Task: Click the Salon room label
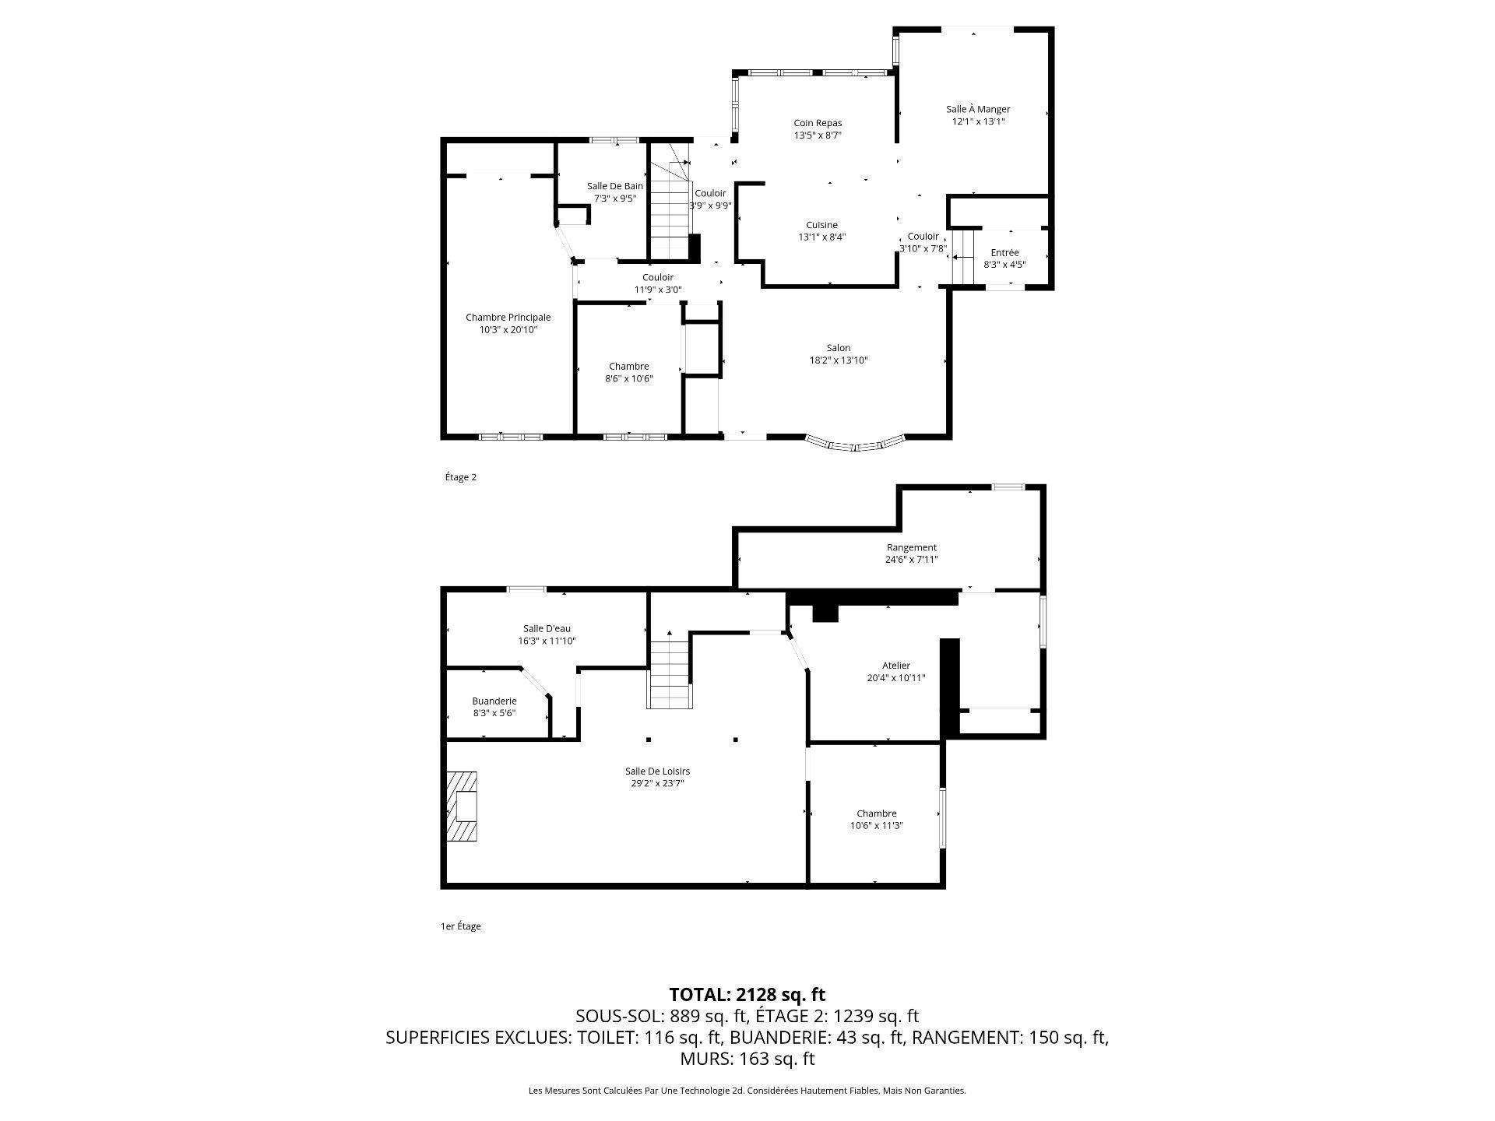click(x=839, y=354)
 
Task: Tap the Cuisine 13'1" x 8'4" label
click(x=822, y=231)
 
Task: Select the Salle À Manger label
click(x=978, y=115)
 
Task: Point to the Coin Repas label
click(x=818, y=128)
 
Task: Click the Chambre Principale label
click(x=508, y=323)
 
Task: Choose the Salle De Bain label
click(x=615, y=192)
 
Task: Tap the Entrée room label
click(x=1004, y=258)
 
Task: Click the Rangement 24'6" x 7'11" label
click(x=912, y=553)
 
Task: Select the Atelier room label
click(x=896, y=671)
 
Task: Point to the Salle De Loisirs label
click(x=657, y=777)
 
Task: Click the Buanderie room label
click(x=494, y=707)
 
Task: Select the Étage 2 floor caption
click(x=461, y=477)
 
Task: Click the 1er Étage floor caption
click(x=461, y=926)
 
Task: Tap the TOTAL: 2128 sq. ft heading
click(x=747, y=994)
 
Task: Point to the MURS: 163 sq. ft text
click(x=747, y=1059)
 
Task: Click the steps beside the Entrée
click(x=964, y=257)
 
